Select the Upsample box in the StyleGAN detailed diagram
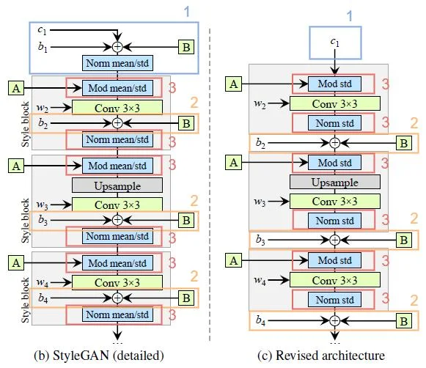[117, 185]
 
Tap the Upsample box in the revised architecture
[334, 182]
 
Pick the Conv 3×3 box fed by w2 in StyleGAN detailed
[117, 108]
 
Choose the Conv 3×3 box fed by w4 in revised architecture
[334, 279]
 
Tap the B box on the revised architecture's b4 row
[403, 320]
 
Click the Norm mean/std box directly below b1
[117, 64]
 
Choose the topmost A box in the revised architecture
[234, 85]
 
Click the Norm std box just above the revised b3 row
[334, 219]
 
